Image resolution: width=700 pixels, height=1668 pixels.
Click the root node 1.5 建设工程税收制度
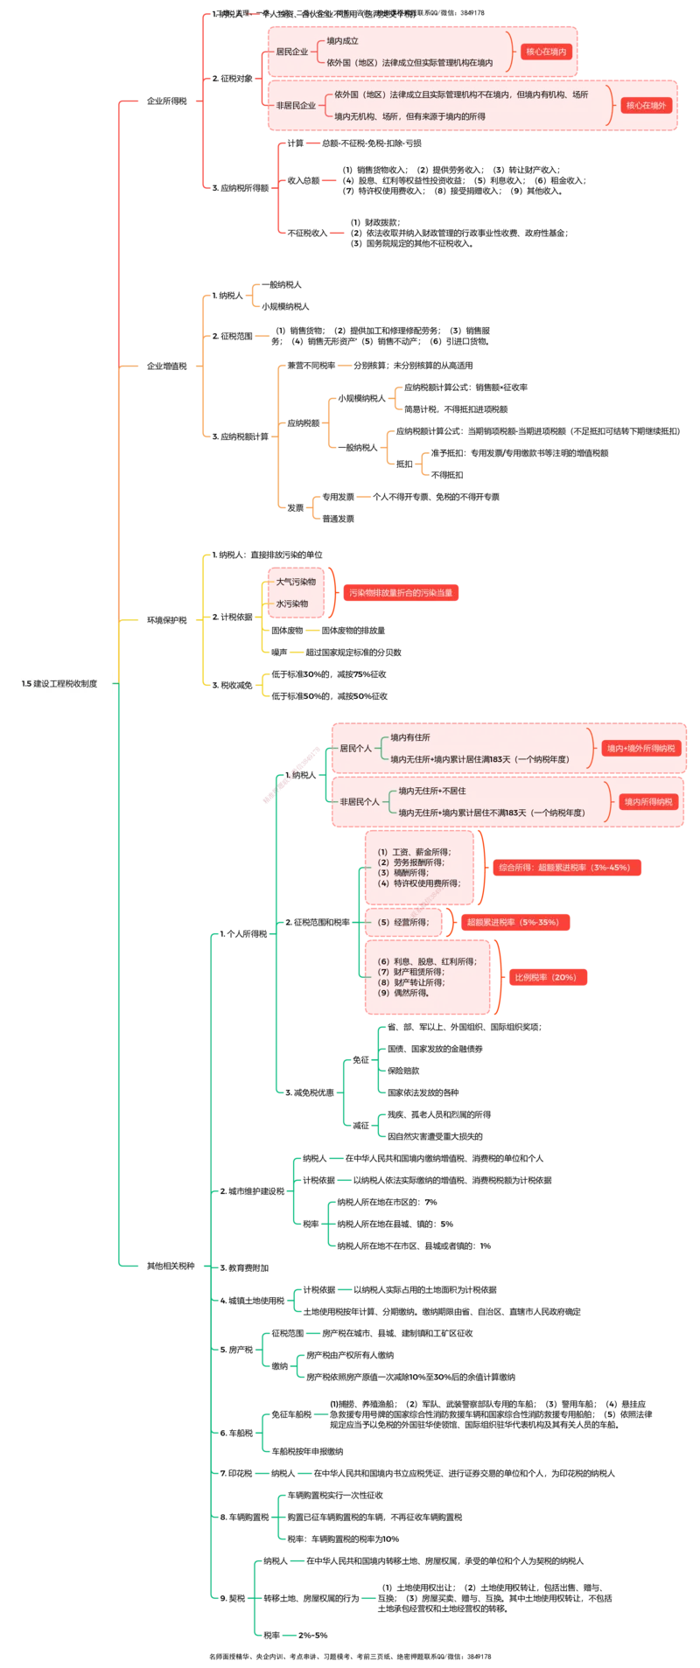pyautogui.click(x=59, y=683)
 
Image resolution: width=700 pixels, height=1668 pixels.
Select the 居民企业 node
pyautogui.click(x=291, y=52)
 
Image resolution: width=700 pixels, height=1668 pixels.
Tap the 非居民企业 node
pyautogui.click(x=296, y=106)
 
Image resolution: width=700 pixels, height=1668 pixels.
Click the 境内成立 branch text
pyautogui.click(x=342, y=40)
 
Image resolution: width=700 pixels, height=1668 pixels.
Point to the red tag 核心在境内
pyautogui.click(x=546, y=52)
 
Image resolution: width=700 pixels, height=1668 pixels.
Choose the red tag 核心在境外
pyautogui.click(x=646, y=105)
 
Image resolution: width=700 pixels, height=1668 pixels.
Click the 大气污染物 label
pyautogui.click(x=296, y=582)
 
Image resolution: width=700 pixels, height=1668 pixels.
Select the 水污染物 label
pyautogui.click(x=292, y=604)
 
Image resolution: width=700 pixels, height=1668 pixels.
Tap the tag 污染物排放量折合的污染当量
pyautogui.click(x=401, y=593)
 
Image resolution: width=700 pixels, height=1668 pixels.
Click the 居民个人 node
pyautogui.click(x=355, y=749)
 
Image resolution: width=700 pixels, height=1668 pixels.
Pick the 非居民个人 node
pyautogui.click(x=360, y=801)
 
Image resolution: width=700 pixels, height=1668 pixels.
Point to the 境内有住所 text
pyautogui.click(x=410, y=737)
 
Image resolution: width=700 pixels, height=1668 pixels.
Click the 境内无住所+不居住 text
pyautogui.click(x=432, y=791)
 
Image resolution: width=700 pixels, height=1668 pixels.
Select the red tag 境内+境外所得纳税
pyautogui.click(x=641, y=749)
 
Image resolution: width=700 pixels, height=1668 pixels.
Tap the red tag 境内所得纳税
pyautogui.click(x=648, y=801)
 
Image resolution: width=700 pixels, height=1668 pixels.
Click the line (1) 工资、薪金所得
pyautogui.click(x=414, y=851)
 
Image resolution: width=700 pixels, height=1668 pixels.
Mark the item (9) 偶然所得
pyautogui.click(x=403, y=993)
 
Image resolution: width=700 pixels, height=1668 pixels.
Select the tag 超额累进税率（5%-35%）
pyautogui.click(x=513, y=922)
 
